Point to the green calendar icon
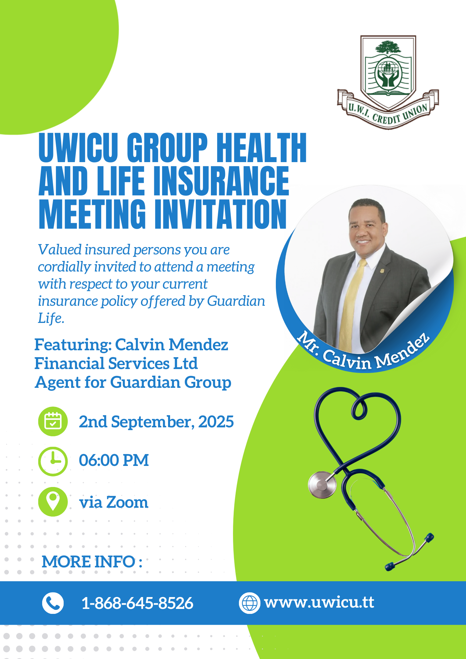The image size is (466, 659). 53,421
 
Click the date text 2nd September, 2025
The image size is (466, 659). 156,422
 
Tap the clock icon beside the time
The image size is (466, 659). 53,461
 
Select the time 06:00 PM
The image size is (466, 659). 114,460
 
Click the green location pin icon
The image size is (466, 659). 53,501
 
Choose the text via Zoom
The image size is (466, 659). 114,502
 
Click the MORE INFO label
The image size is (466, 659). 92,561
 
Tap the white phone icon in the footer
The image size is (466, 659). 53,603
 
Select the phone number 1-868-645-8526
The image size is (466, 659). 137,603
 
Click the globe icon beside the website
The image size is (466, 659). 249,603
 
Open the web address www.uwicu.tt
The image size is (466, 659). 319,603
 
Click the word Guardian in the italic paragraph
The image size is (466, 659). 236,301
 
